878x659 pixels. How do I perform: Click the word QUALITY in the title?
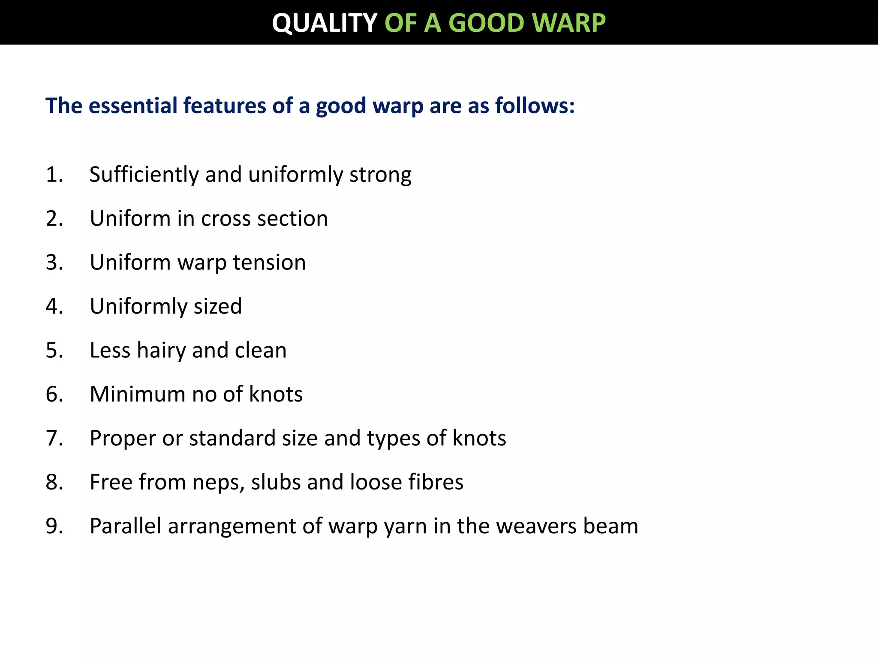pyautogui.click(x=325, y=23)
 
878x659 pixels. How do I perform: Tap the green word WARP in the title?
pyautogui.click(x=570, y=23)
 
